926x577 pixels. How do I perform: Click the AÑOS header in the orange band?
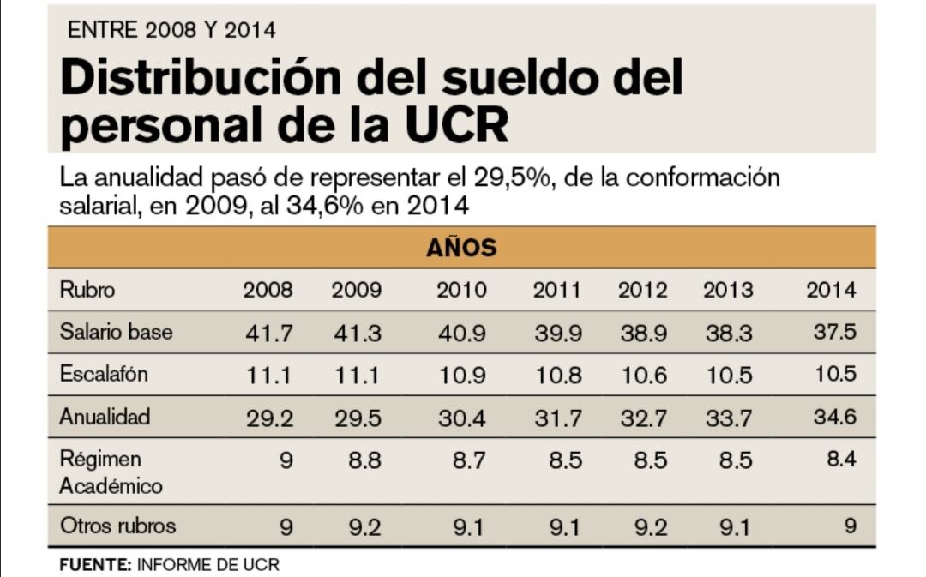(x=461, y=249)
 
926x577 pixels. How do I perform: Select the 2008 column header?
(x=268, y=290)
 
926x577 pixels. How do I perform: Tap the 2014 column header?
(x=830, y=290)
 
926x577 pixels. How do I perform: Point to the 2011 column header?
(x=556, y=290)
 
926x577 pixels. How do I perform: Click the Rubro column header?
(x=87, y=290)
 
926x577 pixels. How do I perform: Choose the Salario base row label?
(x=116, y=332)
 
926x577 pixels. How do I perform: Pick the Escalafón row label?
(x=104, y=374)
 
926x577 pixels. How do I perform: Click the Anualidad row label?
(x=105, y=417)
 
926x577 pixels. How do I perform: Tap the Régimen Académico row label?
(x=111, y=472)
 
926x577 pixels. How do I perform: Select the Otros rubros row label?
(x=117, y=526)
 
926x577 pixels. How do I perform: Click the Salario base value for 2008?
(x=269, y=333)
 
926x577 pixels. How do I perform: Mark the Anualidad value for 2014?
(x=834, y=418)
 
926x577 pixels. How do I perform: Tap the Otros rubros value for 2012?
(x=642, y=527)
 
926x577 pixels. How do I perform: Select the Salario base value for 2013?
(x=729, y=333)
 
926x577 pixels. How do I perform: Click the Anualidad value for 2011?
(x=557, y=418)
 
